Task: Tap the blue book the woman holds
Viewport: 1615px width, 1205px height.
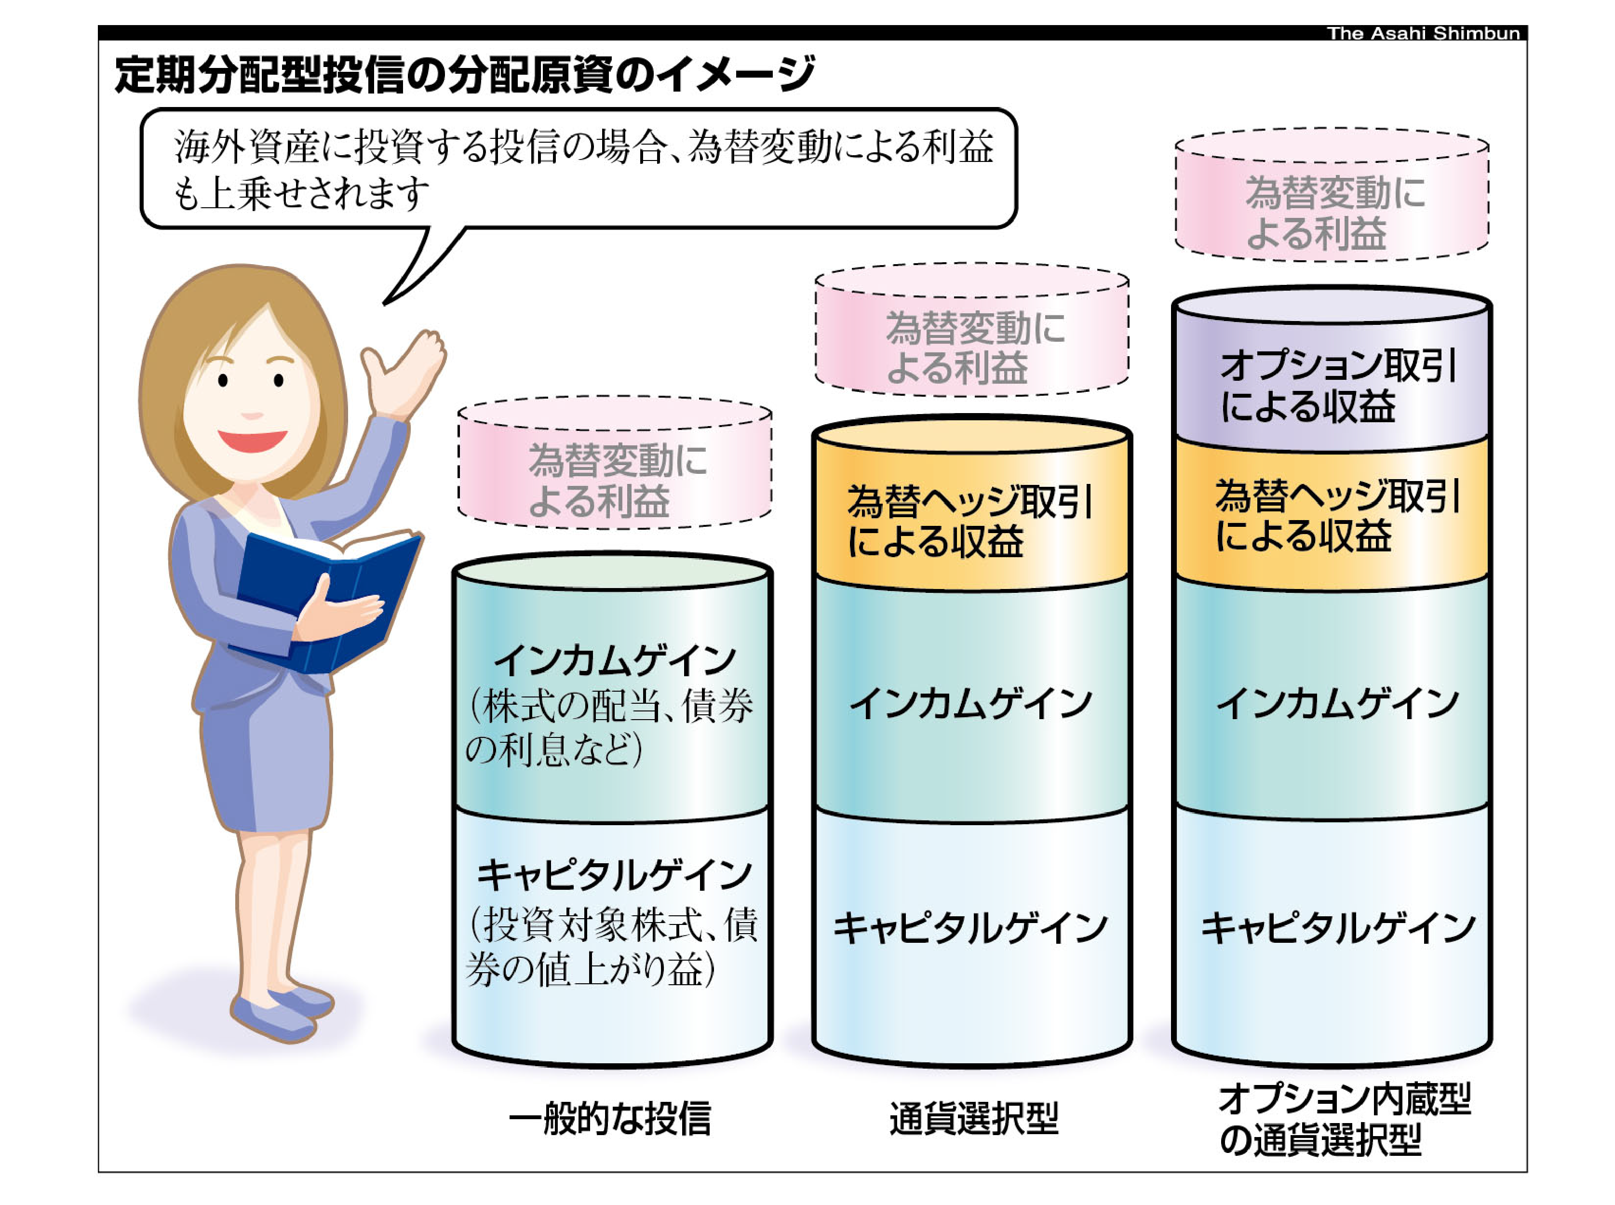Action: (x=328, y=598)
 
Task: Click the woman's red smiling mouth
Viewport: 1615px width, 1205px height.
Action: (x=252, y=440)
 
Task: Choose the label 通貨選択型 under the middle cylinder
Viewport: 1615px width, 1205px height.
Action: (x=973, y=1118)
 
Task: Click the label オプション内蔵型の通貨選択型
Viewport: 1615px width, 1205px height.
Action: (x=1342, y=1120)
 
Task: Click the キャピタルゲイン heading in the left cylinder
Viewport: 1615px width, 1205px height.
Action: (x=613, y=875)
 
